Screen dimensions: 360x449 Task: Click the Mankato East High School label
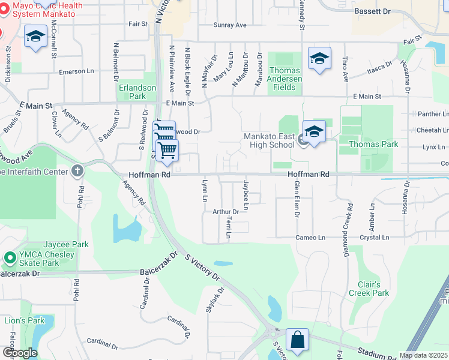click(269, 140)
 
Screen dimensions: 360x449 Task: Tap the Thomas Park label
click(373, 144)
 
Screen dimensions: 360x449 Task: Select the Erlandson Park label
click(137, 92)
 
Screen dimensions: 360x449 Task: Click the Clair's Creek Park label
click(369, 289)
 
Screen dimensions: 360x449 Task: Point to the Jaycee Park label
click(55, 244)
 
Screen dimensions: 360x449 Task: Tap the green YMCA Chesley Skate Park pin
click(10, 259)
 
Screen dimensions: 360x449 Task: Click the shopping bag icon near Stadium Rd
click(297, 340)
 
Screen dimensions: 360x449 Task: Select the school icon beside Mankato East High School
click(314, 131)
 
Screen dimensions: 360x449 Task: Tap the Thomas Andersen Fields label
click(285, 79)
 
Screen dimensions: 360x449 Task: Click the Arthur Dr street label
click(226, 212)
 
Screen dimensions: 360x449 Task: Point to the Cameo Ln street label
click(310, 238)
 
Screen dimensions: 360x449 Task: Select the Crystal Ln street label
click(373, 238)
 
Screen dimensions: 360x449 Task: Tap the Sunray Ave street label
click(230, 25)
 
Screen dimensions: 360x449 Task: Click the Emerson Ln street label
click(77, 71)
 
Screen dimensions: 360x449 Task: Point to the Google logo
click(20, 353)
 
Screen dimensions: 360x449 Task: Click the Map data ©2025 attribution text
click(423, 355)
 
